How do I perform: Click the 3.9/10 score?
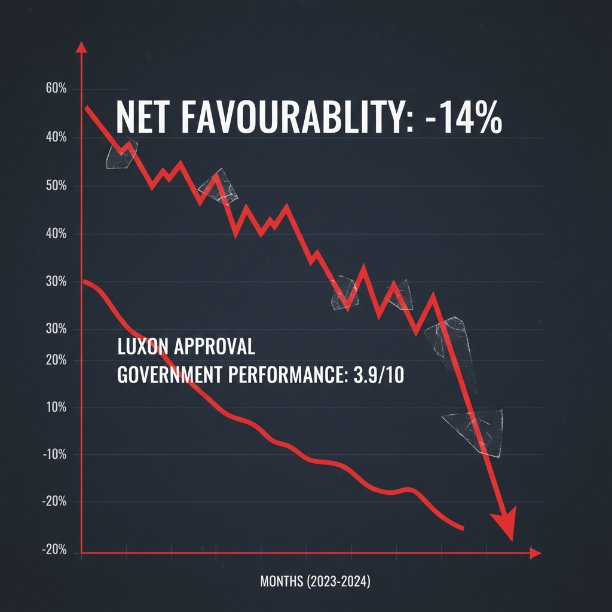coord(374,375)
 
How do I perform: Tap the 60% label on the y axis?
coord(55,89)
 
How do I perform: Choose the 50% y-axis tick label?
coord(55,186)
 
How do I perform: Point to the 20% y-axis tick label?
coord(55,360)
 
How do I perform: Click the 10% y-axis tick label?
coord(55,408)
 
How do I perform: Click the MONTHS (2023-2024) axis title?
coord(316,581)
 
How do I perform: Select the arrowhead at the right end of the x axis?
coord(535,553)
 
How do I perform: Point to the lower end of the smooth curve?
coord(462,528)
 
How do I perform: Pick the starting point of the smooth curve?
coord(85,281)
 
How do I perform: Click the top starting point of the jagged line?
coord(87,108)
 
